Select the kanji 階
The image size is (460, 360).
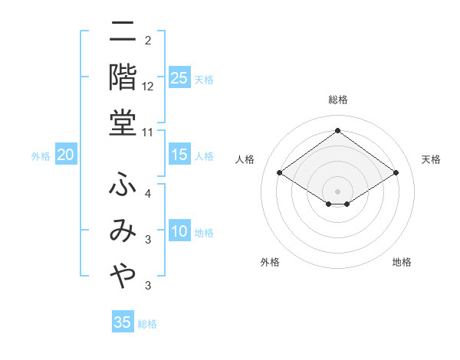tap(123, 77)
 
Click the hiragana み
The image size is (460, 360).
tap(123, 231)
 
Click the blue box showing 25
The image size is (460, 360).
tap(179, 77)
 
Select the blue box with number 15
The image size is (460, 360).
tap(179, 155)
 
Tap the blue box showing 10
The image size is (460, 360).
tap(179, 232)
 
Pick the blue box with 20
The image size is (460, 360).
tap(66, 155)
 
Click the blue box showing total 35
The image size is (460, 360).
tap(123, 322)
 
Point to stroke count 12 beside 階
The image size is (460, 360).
tap(148, 86)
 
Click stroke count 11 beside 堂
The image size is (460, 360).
tap(149, 132)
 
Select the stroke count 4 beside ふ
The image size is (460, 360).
tap(148, 194)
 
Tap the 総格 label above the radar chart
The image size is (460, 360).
tap(337, 100)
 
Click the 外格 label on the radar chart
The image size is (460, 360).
tap(270, 263)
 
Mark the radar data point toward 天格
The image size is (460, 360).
tap(396, 173)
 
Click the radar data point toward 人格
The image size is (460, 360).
tap(280, 173)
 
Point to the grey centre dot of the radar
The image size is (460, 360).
tap(338, 191)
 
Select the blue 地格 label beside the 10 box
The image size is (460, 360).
tap(205, 233)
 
